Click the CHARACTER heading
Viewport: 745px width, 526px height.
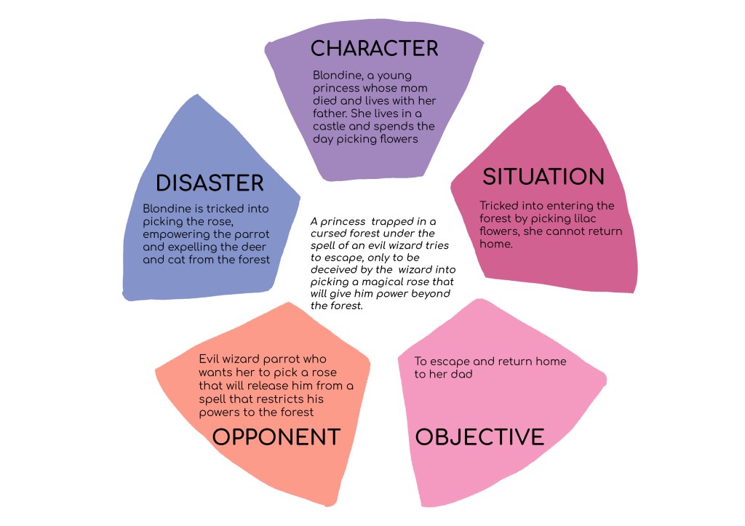pyautogui.click(x=375, y=49)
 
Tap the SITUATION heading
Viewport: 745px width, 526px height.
pyautogui.click(x=543, y=177)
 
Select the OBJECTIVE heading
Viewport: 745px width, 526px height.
pyautogui.click(x=480, y=437)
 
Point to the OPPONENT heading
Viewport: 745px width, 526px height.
pyautogui.click(x=276, y=437)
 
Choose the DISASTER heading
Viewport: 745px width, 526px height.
pyautogui.click(x=210, y=183)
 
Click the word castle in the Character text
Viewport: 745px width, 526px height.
pyautogui.click(x=330, y=127)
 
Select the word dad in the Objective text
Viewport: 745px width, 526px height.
pyautogui.click(x=461, y=374)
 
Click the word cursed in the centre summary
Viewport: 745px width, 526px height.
pyautogui.click(x=327, y=234)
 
